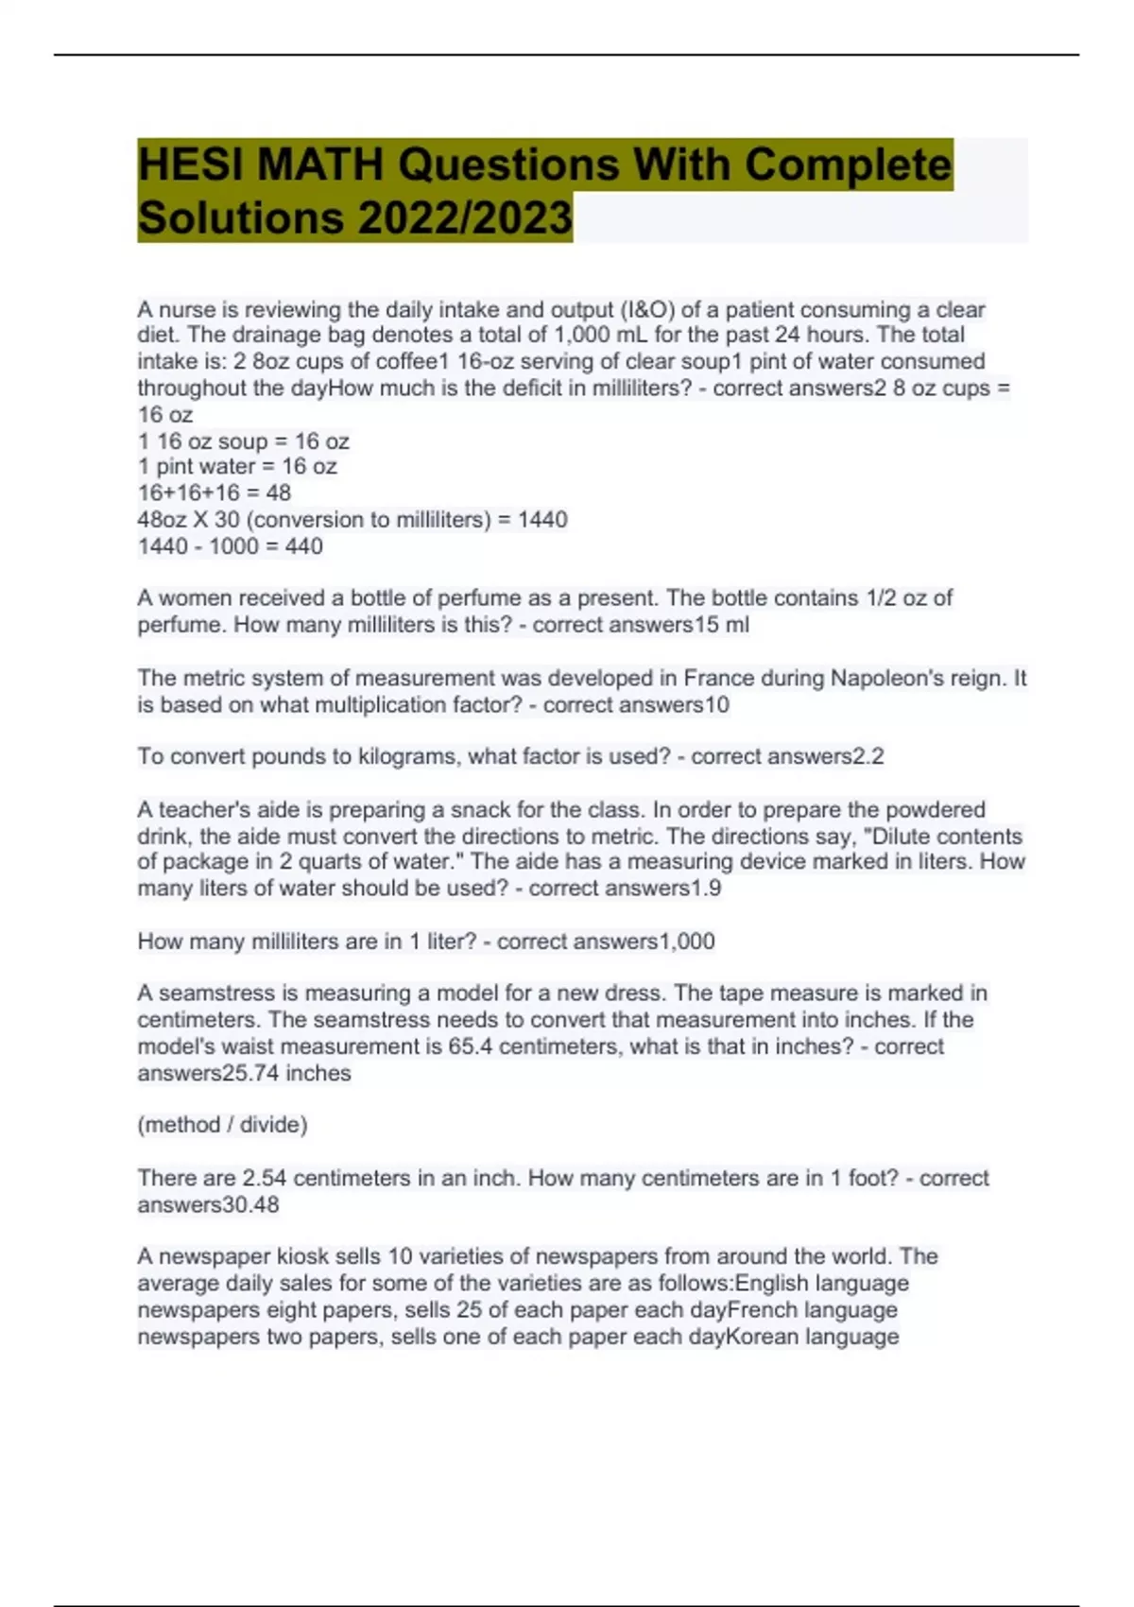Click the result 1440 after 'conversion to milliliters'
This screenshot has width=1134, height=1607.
click(542, 520)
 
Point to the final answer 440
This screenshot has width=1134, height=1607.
click(303, 546)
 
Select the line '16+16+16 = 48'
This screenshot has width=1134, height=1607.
click(215, 493)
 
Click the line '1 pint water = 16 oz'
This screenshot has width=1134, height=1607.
click(237, 467)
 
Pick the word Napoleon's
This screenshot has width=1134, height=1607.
click(888, 679)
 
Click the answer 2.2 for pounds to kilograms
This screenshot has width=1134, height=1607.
click(868, 757)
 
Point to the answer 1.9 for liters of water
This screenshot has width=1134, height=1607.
click(706, 889)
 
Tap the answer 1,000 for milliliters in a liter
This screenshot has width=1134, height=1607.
click(686, 942)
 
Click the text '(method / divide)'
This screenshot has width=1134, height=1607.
click(223, 1125)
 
